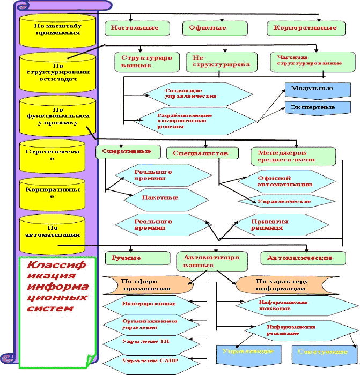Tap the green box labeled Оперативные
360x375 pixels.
pos(128,151)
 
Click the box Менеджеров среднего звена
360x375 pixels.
pos(293,156)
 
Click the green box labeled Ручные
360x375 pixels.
pos(127,258)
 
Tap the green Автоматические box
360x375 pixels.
pos(303,258)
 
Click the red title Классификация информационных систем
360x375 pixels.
pos(57,287)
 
